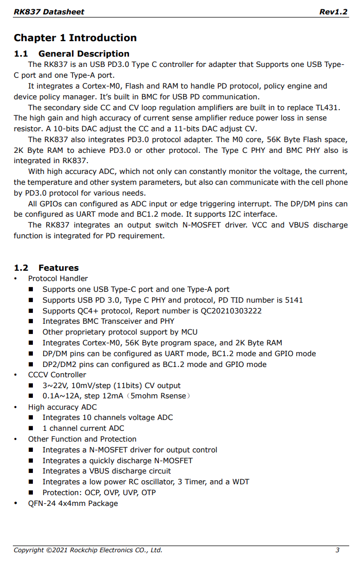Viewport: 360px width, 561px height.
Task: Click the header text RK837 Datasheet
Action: click(x=49, y=12)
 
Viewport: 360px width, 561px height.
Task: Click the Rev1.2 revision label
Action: click(x=333, y=12)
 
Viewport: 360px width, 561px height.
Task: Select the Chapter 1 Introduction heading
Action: click(x=75, y=38)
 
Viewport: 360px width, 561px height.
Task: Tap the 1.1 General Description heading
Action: click(x=71, y=54)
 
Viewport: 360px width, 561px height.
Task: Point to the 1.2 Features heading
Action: click(x=46, y=268)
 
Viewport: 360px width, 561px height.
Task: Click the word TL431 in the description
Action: click(x=328, y=108)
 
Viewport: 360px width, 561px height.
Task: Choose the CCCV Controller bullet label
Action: click(x=57, y=375)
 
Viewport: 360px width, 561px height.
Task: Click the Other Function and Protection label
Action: click(x=82, y=439)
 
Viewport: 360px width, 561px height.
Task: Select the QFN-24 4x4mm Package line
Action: click(x=73, y=503)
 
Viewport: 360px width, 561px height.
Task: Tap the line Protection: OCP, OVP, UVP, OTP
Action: click(x=99, y=493)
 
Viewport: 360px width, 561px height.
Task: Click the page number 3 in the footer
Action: click(x=337, y=550)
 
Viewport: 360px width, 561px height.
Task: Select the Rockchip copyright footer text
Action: click(x=88, y=550)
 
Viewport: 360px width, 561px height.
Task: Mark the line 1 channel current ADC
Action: click(x=83, y=428)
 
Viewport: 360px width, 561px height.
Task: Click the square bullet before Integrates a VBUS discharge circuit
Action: click(x=31, y=471)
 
